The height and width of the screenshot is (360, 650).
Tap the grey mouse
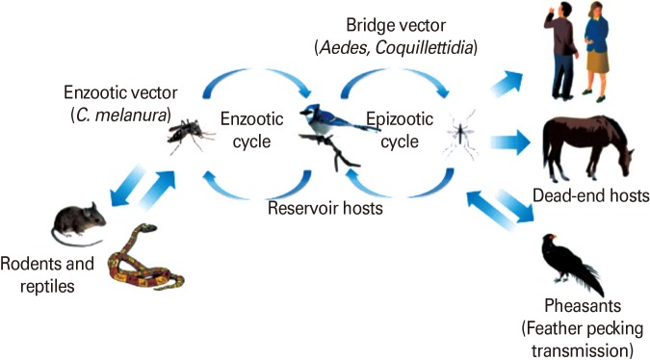[x=77, y=222]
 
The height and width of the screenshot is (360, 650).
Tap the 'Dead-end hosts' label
[x=589, y=196]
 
